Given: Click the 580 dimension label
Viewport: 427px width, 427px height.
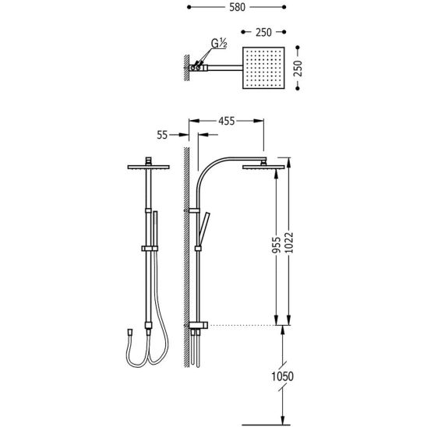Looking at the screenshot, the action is tap(237, 7).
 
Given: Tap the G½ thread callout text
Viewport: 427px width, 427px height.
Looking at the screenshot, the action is tap(219, 44).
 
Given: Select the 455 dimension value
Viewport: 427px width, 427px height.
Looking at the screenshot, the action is tap(226, 122).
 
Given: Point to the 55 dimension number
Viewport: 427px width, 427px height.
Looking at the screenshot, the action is tap(162, 135).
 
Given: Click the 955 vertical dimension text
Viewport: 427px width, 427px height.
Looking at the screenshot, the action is tap(276, 245).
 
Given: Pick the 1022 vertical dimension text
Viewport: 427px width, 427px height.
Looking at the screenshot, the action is tap(289, 242).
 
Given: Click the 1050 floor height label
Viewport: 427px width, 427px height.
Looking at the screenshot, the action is tap(282, 376).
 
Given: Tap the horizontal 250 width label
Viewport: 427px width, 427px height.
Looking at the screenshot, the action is tap(263, 33).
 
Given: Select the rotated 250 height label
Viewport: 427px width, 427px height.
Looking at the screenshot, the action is tap(298, 68).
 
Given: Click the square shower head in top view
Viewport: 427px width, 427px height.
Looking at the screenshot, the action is tap(263, 68).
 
